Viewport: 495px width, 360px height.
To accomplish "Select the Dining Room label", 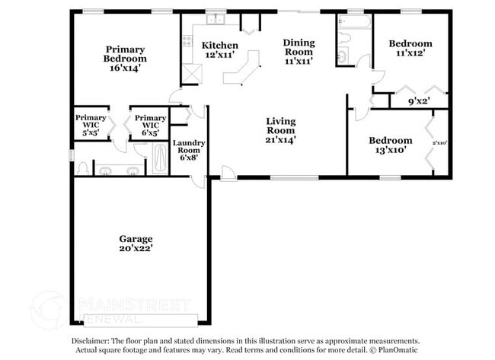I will pos(299,48).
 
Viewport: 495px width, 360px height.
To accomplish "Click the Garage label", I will pos(136,238).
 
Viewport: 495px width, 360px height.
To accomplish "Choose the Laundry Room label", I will pos(187,147).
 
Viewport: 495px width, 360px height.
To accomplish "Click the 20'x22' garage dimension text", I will pos(136,248).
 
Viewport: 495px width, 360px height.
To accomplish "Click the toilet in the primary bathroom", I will pos(82,167).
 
